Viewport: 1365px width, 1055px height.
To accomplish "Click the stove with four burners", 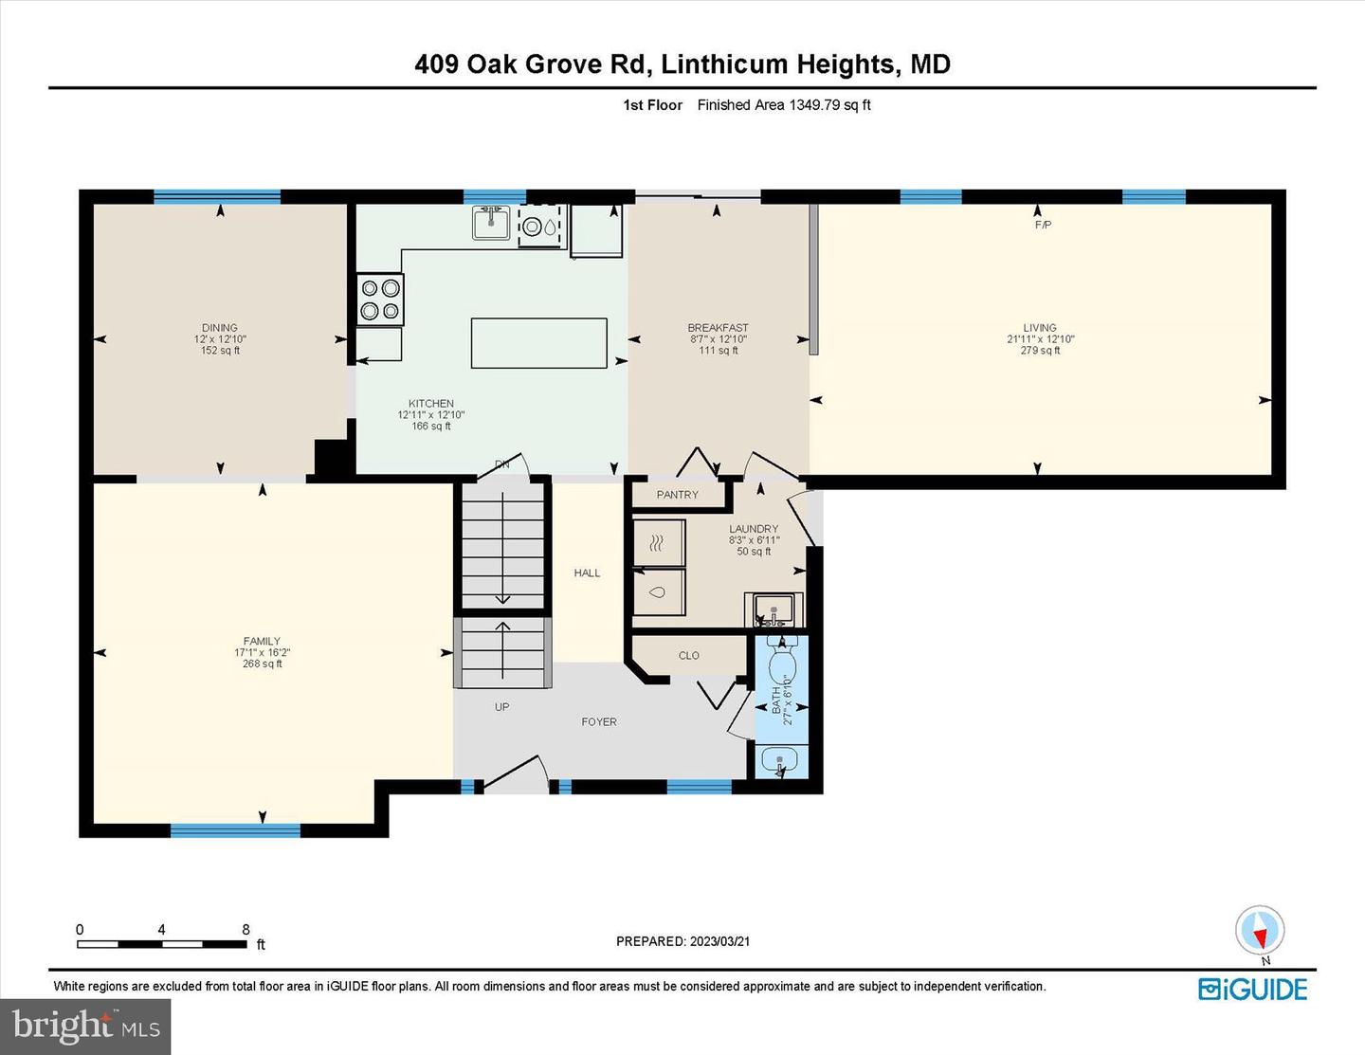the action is pyautogui.click(x=380, y=299).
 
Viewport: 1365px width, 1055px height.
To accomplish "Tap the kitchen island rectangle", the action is pyautogui.click(x=539, y=343).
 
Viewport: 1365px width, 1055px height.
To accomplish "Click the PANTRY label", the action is pyautogui.click(x=677, y=494).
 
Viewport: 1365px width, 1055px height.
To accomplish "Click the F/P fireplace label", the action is pyautogui.click(x=1043, y=225).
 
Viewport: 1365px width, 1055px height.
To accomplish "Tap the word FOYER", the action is pyautogui.click(x=599, y=721).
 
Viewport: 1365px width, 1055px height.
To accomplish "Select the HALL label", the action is pyautogui.click(x=587, y=573).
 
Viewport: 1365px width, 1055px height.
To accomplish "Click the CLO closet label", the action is pyautogui.click(x=688, y=655).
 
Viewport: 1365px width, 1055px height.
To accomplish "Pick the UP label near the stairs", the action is pyautogui.click(x=501, y=706).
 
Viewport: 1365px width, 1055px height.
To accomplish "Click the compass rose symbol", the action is pyautogui.click(x=1260, y=930).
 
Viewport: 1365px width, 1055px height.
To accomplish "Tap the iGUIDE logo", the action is pyautogui.click(x=1252, y=989).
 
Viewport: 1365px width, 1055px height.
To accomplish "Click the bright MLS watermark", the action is pyautogui.click(x=86, y=1027).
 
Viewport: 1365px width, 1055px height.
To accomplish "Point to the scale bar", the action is pyautogui.click(x=162, y=944).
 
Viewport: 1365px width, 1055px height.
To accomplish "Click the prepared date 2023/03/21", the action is pyautogui.click(x=719, y=940).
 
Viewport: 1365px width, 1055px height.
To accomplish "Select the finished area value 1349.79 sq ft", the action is pyautogui.click(x=829, y=105).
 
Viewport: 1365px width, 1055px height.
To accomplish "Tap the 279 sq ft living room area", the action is pyautogui.click(x=1040, y=351).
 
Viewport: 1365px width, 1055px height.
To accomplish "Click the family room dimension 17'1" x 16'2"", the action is pyautogui.click(x=262, y=652).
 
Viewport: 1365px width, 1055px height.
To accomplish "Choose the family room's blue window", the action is pyautogui.click(x=236, y=830).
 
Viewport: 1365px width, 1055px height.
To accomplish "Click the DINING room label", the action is pyautogui.click(x=220, y=327).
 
